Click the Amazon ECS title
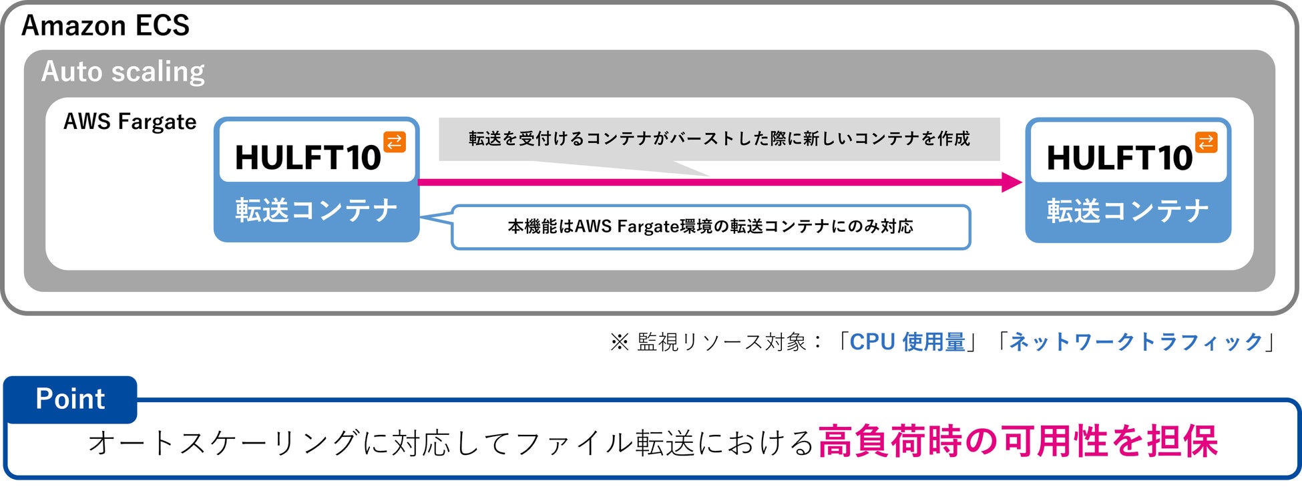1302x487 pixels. (x=105, y=26)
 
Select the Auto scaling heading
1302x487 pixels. (x=123, y=71)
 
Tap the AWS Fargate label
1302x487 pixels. (x=130, y=122)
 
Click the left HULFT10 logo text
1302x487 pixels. (x=308, y=158)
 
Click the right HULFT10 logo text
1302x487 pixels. (x=1120, y=158)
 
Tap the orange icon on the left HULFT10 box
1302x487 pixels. (x=395, y=142)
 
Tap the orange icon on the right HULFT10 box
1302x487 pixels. (x=1206, y=142)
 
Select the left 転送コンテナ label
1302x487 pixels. (x=316, y=210)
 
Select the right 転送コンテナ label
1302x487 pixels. (x=1128, y=210)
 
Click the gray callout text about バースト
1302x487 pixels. (x=719, y=138)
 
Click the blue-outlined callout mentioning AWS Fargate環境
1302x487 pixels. (x=710, y=227)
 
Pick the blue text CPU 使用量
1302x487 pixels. (x=907, y=342)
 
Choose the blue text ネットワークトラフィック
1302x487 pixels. (x=1136, y=342)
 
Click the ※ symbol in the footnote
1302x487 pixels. (x=619, y=342)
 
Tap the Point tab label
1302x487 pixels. (x=70, y=399)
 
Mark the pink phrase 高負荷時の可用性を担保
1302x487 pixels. (x=1018, y=442)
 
